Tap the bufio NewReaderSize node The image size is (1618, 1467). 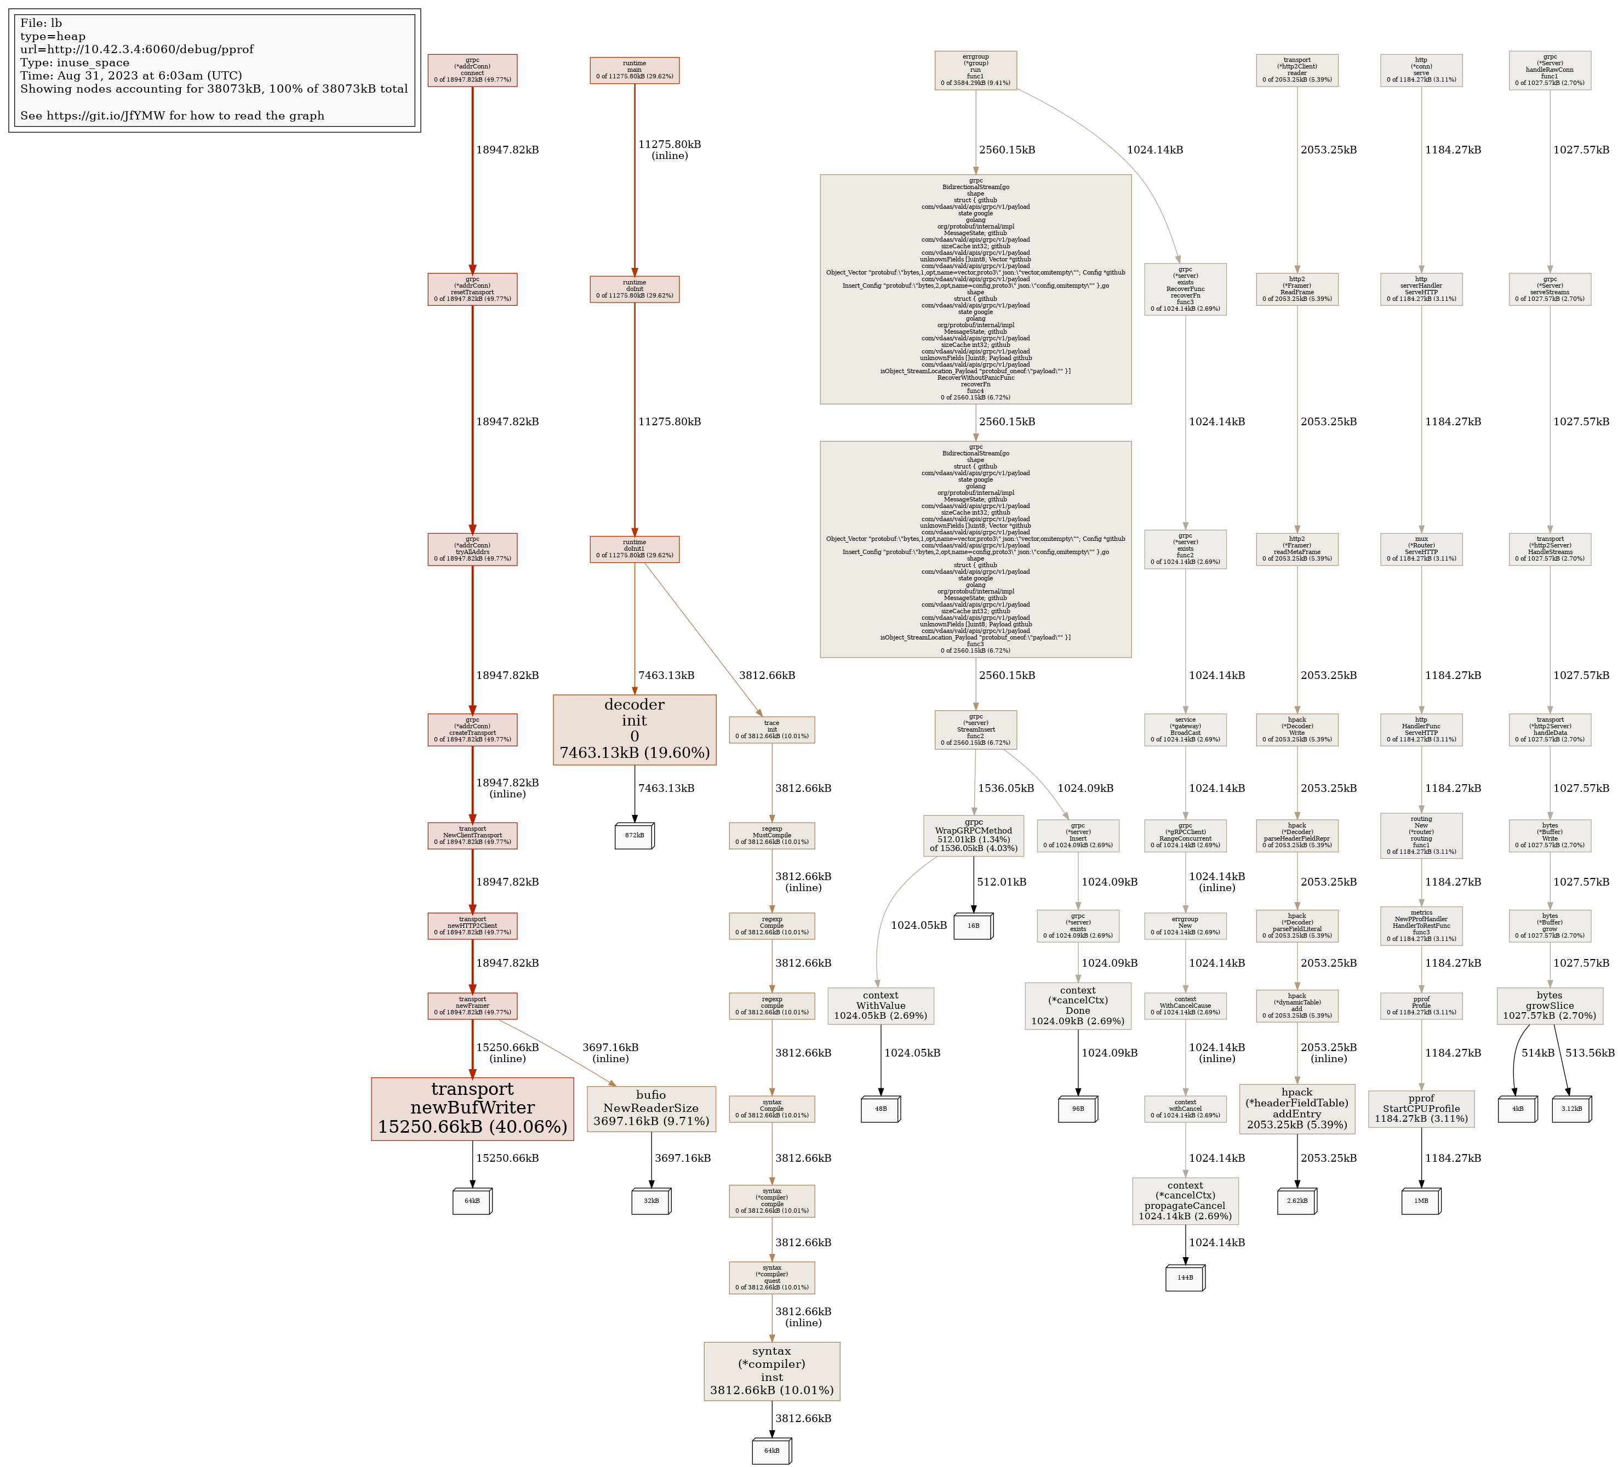point(651,1108)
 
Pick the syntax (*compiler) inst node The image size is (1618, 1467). point(771,1371)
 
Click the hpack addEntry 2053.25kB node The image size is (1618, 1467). point(1296,1108)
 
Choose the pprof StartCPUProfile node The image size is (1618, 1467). point(1421,1108)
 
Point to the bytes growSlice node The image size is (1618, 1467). point(1549,1006)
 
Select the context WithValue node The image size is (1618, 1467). point(881,1006)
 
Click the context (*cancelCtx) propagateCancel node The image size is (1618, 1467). point(1185,1201)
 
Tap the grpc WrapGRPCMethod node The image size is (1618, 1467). point(974,835)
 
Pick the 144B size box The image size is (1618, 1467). point(1185,1277)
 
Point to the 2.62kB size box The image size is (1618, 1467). point(1296,1201)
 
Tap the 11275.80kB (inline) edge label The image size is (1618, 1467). point(670,150)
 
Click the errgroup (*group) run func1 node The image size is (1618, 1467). point(975,70)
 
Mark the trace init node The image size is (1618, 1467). point(771,729)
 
